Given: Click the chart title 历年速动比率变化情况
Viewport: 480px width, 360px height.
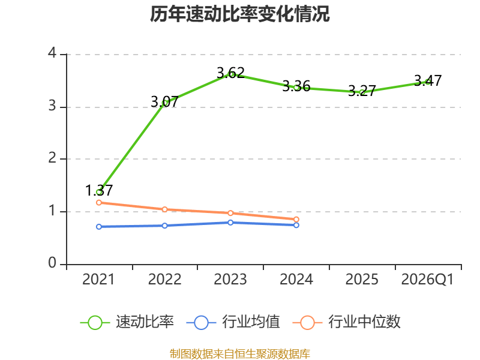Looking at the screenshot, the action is pos(239,14).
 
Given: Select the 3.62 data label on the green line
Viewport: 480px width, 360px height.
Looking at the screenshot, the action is pos(230,73).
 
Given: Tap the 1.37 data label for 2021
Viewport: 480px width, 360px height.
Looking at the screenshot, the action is pos(99,190).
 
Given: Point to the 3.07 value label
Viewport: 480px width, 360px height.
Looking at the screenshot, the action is pos(164,101).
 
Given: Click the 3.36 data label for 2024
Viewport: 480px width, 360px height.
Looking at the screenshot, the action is pos(296,86).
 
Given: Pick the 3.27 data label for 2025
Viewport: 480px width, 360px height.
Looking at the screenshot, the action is pos(362,91).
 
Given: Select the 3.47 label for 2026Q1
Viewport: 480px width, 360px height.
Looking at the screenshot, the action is pos(428,80).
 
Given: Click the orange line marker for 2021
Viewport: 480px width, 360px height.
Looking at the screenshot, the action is pos(99,203).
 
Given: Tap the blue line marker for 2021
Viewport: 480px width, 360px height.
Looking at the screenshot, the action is pos(99,227).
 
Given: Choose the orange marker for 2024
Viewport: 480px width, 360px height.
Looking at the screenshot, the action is pos(296,220).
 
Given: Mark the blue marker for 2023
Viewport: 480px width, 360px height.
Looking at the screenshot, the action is pos(230,223).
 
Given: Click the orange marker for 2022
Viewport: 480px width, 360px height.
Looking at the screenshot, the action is pos(164,209).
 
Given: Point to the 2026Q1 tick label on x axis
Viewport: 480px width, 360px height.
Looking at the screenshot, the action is pos(427,280).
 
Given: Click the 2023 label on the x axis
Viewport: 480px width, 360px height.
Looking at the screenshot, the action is pos(230,280).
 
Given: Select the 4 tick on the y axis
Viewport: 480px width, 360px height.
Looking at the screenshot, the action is pos(52,53).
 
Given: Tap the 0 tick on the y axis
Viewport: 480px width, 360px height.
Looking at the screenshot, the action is pos(52,263).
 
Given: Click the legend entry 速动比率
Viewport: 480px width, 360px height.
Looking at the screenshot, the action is pos(127,322).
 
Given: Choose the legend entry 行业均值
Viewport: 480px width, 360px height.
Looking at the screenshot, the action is pos(233,322).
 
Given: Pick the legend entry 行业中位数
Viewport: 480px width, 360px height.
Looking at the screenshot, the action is pos(347,322).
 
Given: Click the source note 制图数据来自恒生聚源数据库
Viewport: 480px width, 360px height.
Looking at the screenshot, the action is pos(240,354).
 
